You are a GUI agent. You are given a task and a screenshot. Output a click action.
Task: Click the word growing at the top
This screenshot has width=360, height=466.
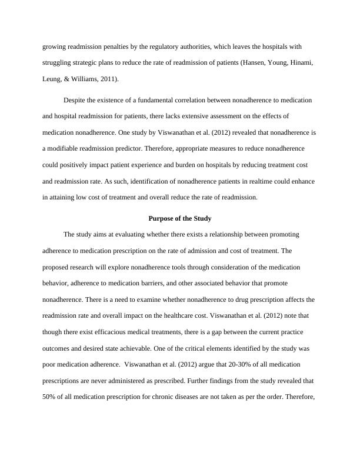point(55,46)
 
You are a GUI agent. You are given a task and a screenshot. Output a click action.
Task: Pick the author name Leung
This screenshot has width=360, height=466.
point(54,79)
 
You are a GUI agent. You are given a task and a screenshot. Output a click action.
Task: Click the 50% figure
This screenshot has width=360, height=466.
point(50,397)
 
